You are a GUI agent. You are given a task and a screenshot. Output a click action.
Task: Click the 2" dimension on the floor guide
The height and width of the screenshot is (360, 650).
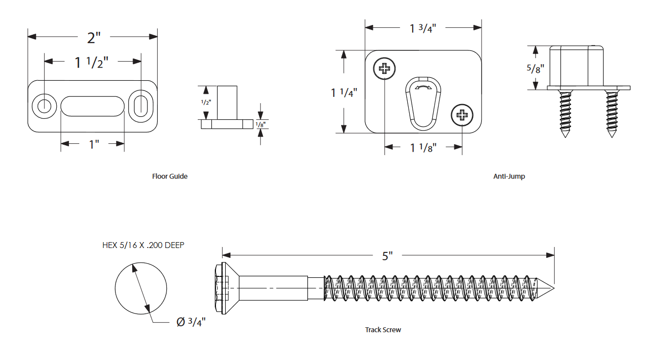pos(93,37)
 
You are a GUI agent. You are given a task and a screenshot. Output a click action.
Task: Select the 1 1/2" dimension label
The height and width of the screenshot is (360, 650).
pos(91,62)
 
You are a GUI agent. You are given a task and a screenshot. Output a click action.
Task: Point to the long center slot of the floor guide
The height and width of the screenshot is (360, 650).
pos(92,106)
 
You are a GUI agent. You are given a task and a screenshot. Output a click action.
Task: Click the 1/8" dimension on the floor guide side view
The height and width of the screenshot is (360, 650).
pos(261,125)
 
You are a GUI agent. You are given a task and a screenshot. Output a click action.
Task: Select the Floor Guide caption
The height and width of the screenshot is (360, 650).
pos(169,176)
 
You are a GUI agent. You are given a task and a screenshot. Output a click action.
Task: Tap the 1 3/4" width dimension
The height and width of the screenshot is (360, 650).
pos(423,28)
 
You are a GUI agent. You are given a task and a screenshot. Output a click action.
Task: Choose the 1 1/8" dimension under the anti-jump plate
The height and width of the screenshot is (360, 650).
pos(423,147)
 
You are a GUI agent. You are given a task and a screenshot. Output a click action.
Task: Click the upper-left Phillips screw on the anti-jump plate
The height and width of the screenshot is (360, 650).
pos(385,69)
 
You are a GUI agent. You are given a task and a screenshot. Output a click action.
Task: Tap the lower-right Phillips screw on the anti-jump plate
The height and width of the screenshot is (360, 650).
pos(462,115)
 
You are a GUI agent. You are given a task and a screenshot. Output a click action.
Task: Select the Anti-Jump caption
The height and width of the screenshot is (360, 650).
pos(509,176)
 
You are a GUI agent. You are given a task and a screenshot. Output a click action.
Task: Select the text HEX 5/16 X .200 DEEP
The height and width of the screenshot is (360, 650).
pos(143,245)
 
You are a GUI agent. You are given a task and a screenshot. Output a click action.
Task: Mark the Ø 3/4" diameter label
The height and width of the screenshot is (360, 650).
pos(191,322)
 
